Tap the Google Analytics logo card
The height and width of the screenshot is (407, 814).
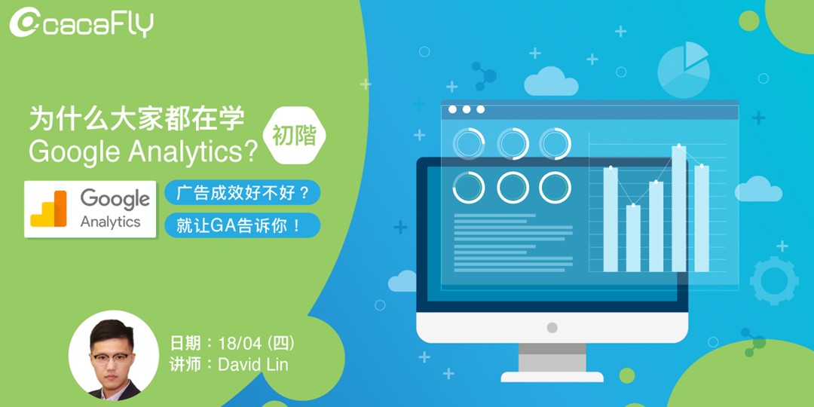[x=90, y=209]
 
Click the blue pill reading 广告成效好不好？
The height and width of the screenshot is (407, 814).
[x=243, y=192]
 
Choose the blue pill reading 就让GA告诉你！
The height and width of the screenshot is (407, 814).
[x=243, y=225]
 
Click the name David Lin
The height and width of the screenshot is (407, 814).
[x=252, y=365]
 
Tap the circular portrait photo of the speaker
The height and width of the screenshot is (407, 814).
[x=114, y=355]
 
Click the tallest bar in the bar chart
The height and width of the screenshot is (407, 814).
[x=679, y=208]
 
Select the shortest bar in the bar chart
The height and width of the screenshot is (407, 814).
[x=633, y=237]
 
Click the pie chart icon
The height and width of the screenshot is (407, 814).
[x=684, y=69]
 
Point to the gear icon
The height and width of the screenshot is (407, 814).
[x=773, y=280]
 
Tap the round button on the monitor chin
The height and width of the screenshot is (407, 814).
[x=552, y=328]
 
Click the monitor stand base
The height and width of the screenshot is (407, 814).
[x=552, y=376]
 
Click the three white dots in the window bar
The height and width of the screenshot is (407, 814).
[x=467, y=110]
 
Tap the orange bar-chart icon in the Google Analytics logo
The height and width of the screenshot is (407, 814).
[x=49, y=209]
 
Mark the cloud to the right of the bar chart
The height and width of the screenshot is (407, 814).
[x=757, y=189]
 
